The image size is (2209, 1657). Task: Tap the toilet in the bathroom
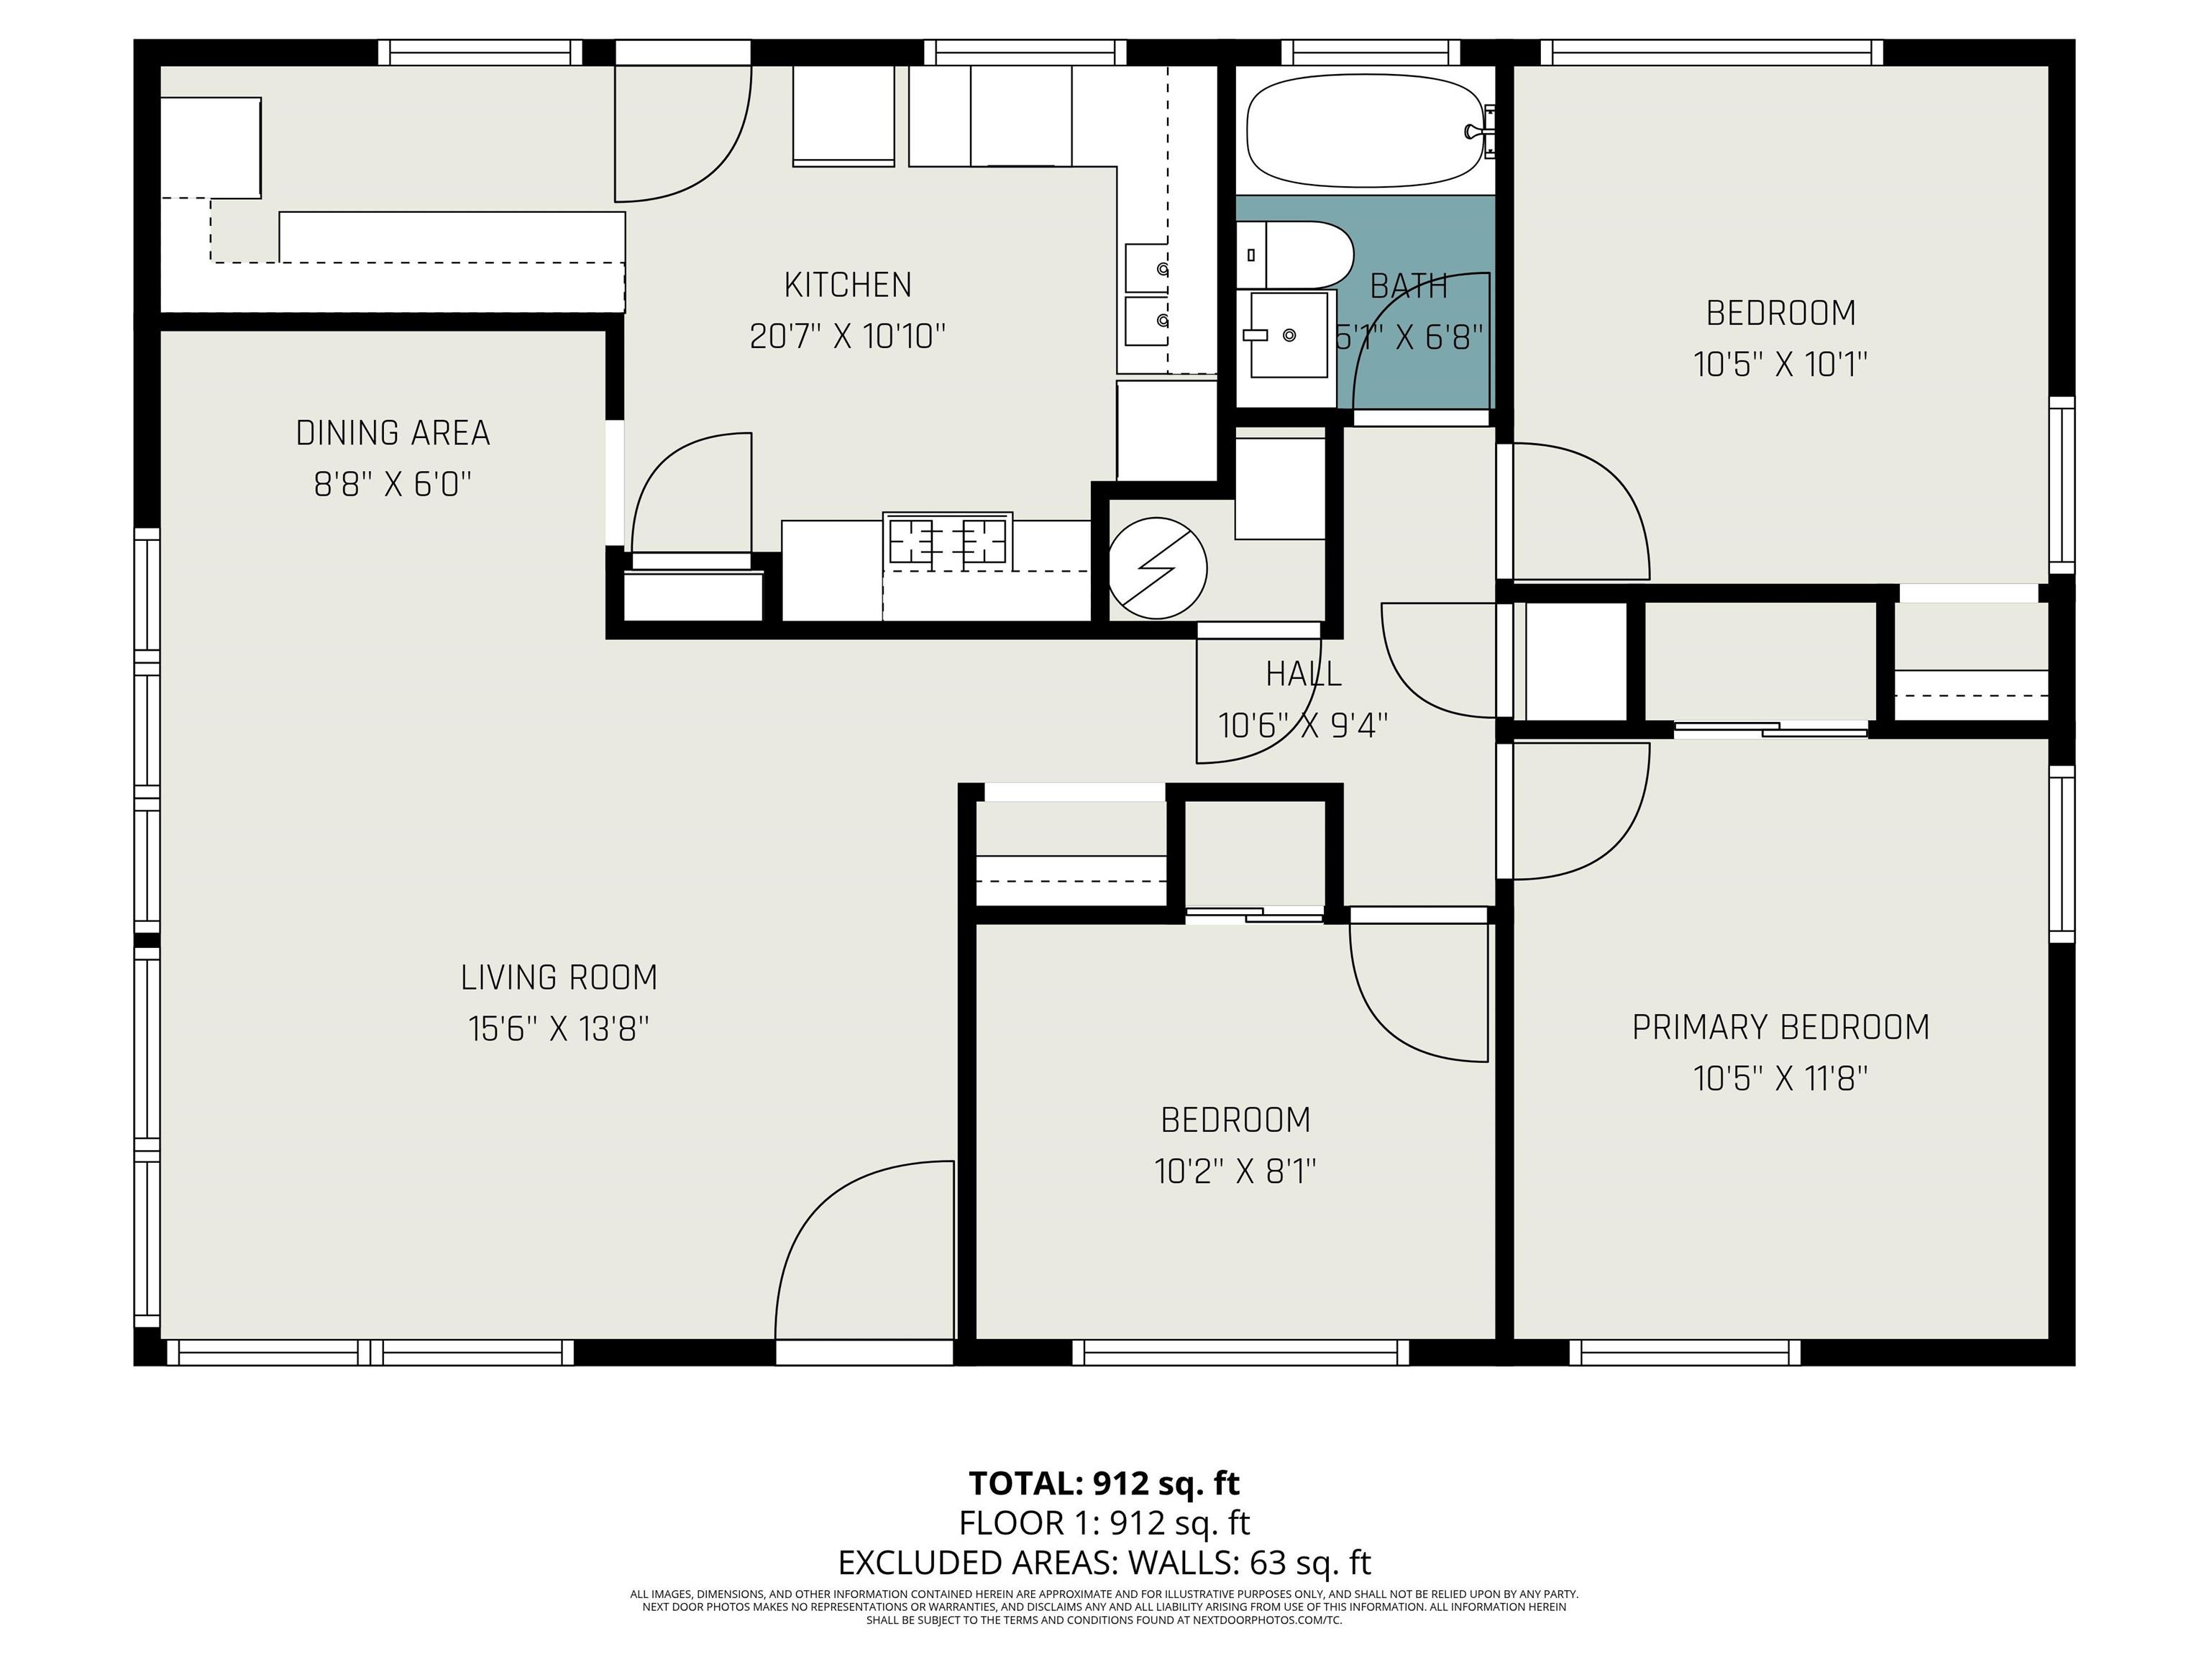tap(1295, 255)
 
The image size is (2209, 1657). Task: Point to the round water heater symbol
tap(1158, 567)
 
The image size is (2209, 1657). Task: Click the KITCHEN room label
tap(848, 286)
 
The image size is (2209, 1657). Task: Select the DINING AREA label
tap(393, 434)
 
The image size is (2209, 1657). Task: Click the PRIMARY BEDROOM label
tap(1780, 1028)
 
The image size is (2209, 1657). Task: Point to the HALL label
tap(1303, 674)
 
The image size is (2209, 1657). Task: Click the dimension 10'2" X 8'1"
tap(1235, 1171)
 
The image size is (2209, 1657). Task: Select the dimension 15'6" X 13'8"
tap(559, 1028)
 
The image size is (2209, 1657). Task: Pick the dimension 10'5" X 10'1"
tap(1780, 365)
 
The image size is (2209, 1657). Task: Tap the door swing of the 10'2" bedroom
tap(1419, 992)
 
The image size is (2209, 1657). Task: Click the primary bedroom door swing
tap(1581, 811)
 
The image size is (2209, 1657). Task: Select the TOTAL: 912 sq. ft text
tap(1104, 1483)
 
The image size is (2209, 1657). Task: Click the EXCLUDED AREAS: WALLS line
tap(1104, 1562)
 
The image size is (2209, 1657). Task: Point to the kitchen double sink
tap(1148, 295)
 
